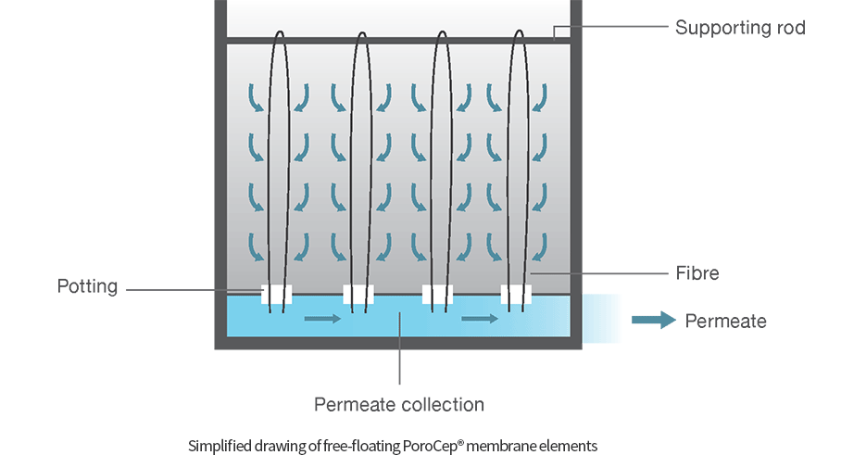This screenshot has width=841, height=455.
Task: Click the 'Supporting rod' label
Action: (739, 27)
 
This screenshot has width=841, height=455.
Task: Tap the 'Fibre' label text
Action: (697, 273)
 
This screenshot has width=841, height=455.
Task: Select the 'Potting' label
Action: (87, 286)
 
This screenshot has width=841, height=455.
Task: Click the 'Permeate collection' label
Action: (398, 404)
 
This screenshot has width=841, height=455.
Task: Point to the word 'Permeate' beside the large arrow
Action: (726, 322)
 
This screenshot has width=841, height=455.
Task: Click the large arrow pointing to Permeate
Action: (654, 321)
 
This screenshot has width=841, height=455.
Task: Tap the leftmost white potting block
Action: (277, 295)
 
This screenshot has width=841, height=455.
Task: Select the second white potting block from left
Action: (358, 295)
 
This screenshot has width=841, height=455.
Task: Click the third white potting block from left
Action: (437, 295)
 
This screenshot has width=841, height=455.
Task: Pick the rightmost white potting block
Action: (517, 295)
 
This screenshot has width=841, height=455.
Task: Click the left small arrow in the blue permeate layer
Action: (322, 320)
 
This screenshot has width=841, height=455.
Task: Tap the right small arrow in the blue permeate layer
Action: (480, 320)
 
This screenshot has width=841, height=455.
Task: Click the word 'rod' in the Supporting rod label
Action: (790, 27)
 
